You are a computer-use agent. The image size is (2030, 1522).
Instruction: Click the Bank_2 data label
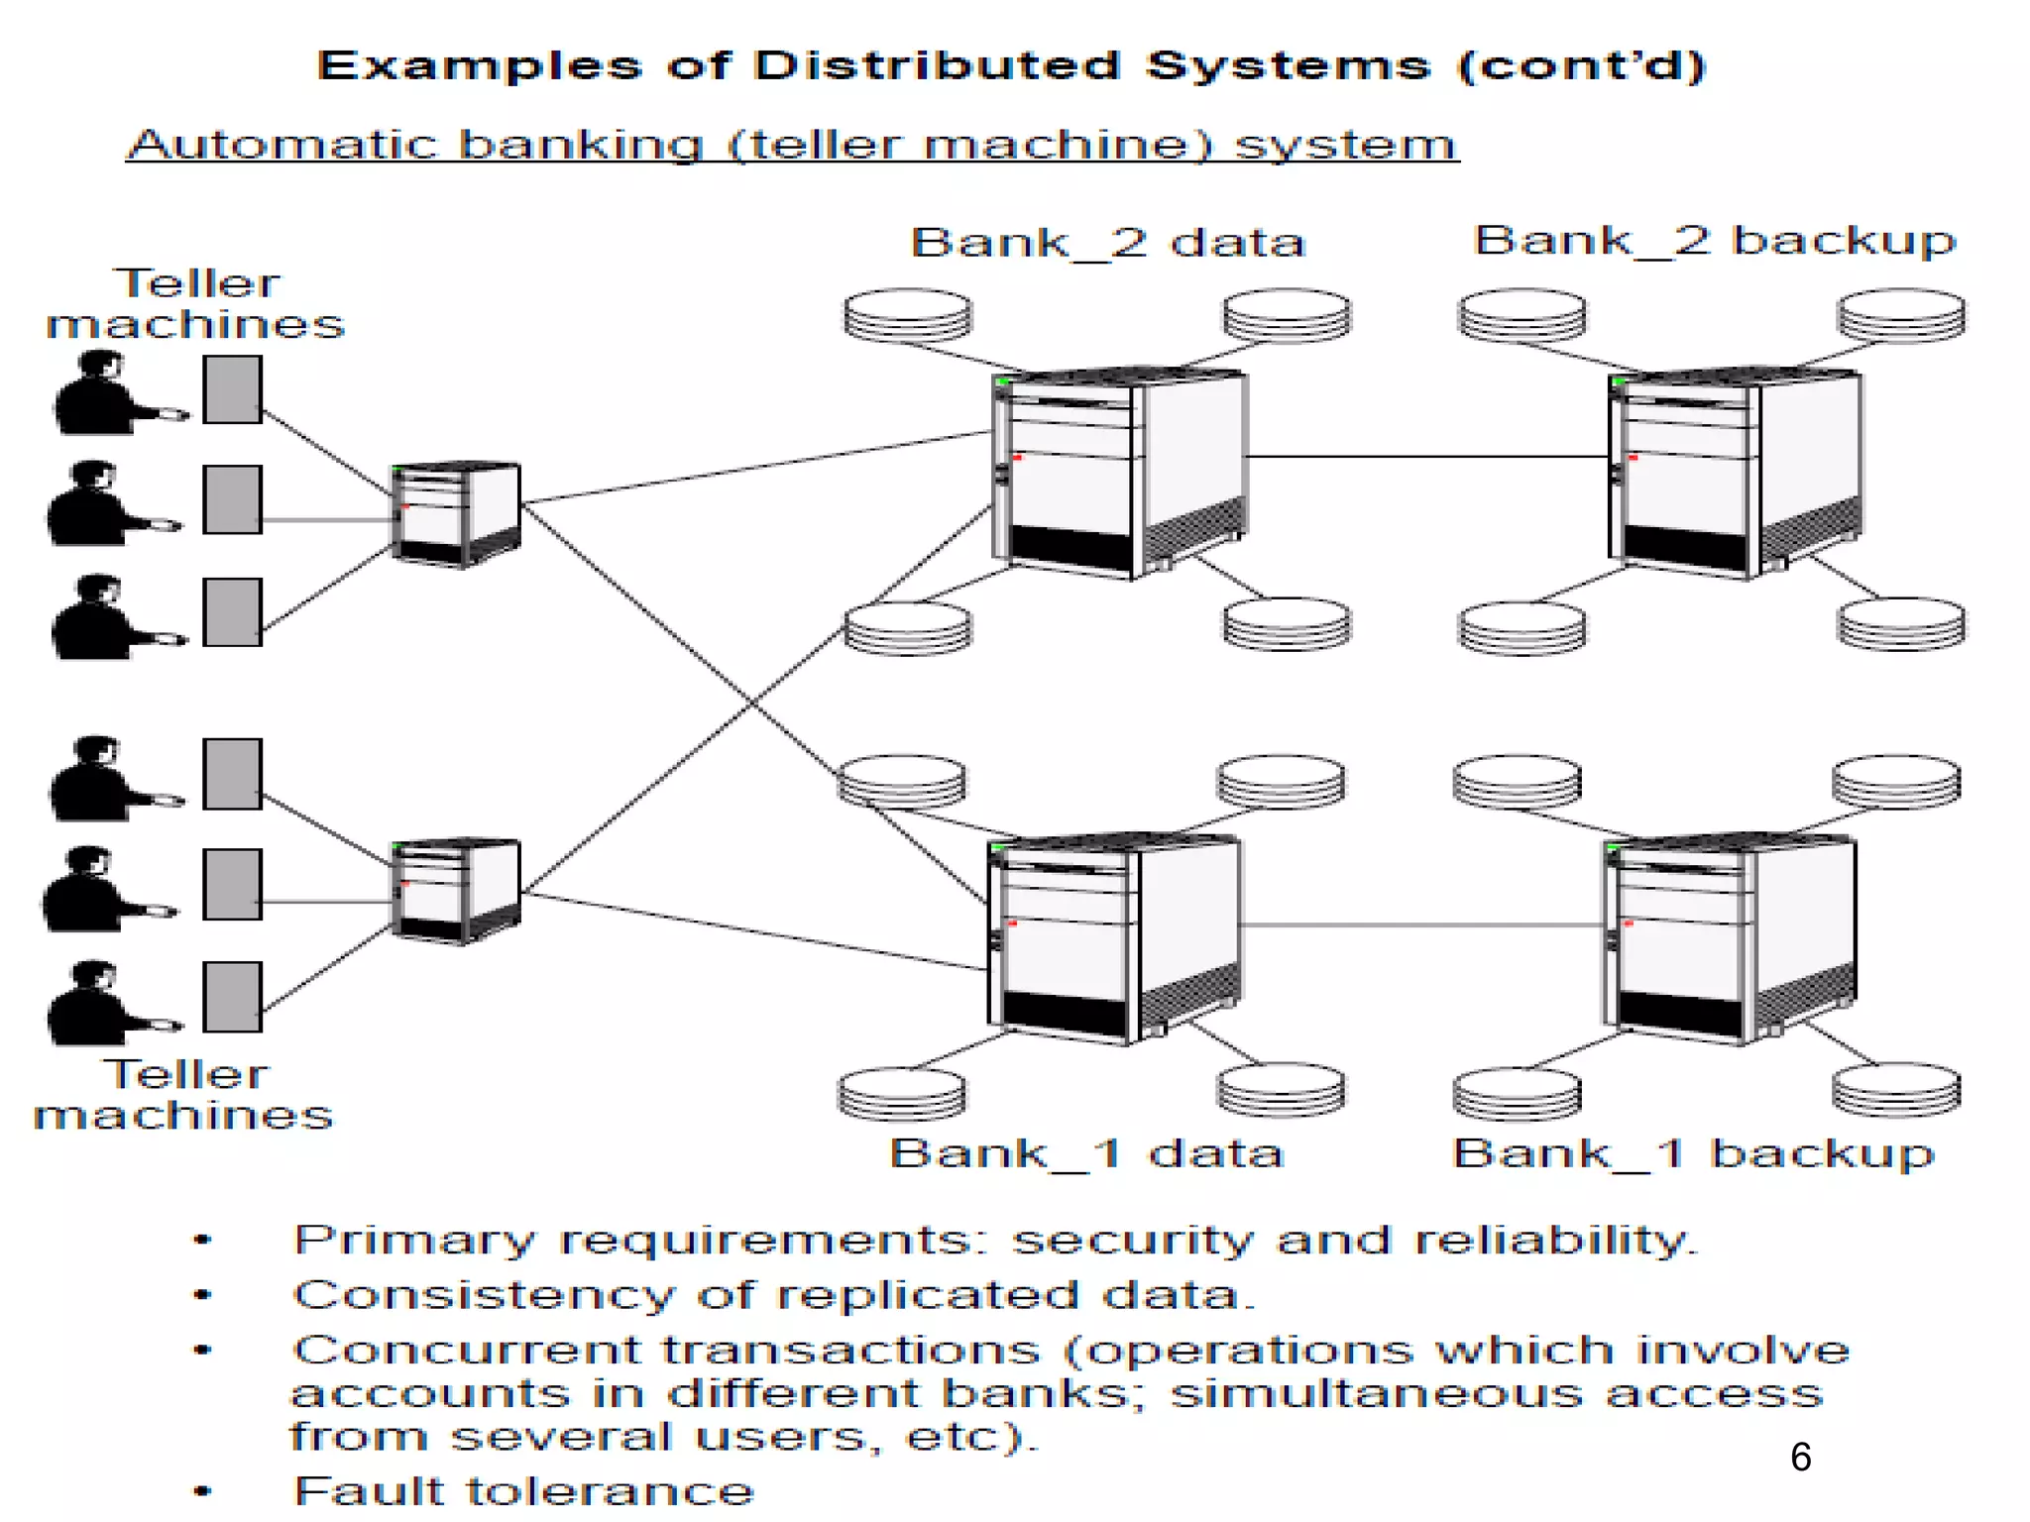coord(1107,243)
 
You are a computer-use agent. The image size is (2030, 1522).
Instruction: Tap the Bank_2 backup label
coord(1715,241)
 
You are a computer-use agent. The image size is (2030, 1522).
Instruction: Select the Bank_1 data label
coord(1086,1153)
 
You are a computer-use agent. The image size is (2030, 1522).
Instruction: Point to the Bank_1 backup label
coord(1693,1153)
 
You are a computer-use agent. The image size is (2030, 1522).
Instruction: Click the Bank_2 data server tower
coord(1120,474)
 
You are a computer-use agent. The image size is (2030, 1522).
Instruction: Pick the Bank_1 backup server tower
coord(1730,939)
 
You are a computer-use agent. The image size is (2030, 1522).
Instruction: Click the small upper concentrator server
coord(456,514)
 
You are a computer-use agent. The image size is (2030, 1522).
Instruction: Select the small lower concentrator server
coord(456,890)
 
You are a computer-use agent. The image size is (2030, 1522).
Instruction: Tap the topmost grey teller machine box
coord(232,389)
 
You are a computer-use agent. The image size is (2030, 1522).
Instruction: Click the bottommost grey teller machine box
coord(232,997)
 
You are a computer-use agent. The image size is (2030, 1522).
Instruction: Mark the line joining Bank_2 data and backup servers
coord(1427,457)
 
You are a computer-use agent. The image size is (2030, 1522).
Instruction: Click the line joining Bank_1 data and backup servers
coord(1422,925)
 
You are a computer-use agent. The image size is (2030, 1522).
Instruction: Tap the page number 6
coord(1801,1458)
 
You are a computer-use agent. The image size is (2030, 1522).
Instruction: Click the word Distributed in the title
coord(937,66)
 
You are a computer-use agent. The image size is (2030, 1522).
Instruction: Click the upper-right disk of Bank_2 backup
coord(1901,315)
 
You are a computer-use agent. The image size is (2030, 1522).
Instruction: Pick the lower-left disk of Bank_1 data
coord(902,1093)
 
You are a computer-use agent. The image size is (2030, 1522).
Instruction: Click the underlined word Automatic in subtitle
coord(283,145)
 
